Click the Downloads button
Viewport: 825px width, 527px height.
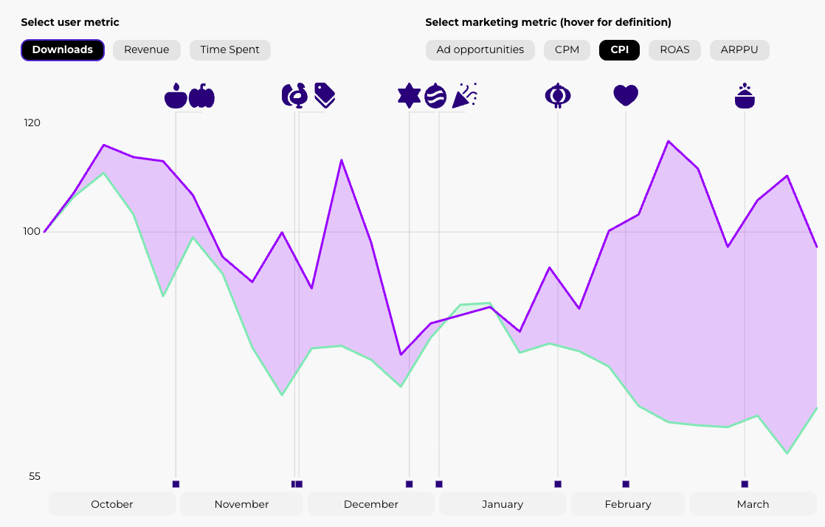63,50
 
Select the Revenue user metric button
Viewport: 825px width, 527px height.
146,50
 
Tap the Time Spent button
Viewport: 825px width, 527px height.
229,50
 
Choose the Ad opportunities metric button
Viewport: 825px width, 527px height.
480,50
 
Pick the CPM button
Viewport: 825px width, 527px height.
567,50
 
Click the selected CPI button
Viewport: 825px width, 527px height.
619,50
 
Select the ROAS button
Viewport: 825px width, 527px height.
674,50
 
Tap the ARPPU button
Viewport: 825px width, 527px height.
739,50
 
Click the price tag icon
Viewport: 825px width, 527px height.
325,95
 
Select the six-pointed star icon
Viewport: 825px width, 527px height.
409,96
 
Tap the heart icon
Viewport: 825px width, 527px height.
626,96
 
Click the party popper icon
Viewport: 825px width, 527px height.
465,95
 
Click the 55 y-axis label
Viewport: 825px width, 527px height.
35,477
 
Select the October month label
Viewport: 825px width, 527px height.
112,504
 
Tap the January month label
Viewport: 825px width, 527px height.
503,504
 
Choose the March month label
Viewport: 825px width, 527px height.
753,504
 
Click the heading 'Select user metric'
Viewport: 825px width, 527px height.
70,23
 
